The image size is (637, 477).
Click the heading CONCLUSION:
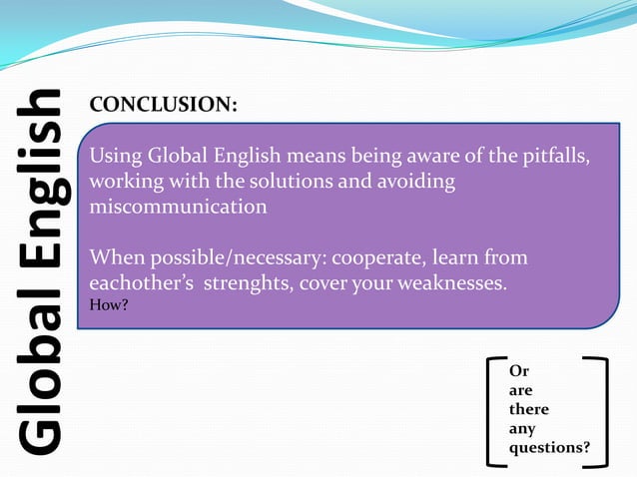tap(164, 105)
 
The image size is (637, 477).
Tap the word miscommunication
tap(179, 207)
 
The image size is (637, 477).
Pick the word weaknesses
tap(451, 283)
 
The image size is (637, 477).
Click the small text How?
tap(108, 305)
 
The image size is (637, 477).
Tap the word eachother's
tap(143, 283)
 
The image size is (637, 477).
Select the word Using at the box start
tap(116, 158)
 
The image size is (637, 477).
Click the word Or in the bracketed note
tap(518, 371)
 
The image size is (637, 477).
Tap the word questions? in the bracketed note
tap(549, 448)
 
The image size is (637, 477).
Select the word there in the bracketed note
tap(529, 409)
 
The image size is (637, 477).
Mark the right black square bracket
tap(600, 411)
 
